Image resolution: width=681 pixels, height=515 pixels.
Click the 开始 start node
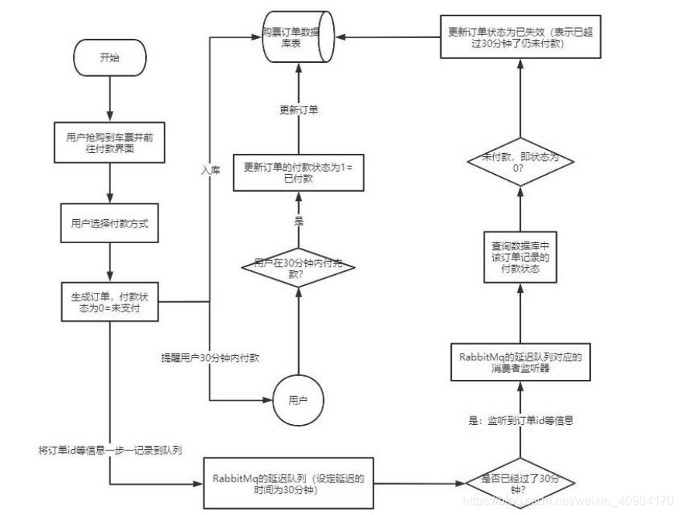(x=110, y=59)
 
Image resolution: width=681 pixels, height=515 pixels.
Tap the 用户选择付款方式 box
(x=110, y=224)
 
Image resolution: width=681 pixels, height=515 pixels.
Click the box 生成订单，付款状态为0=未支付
(x=110, y=301)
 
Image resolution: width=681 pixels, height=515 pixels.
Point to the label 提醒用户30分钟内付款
(x=210, y=359)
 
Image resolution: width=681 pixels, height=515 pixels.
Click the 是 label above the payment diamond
(x=298, y=221)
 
